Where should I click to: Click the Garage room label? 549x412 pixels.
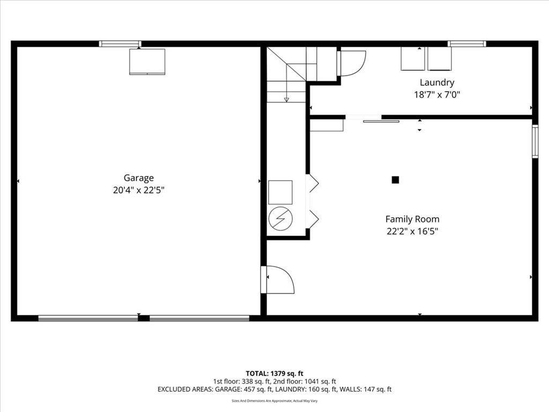[x=139, y=178]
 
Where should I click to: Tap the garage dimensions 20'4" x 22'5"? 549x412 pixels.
[x=138, y=190]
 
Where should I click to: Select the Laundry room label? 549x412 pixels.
[x=437, y=83]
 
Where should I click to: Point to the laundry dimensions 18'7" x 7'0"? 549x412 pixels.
[x=437, y=95]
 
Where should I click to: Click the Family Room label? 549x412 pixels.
[x=412, y=219]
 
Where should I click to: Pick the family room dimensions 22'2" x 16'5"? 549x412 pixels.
[x=412, y=232]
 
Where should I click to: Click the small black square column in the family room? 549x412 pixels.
[x=395, y=180]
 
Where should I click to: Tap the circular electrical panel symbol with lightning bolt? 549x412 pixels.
[x=280, y=219]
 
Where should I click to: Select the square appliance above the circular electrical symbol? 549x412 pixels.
[x=280, y=192]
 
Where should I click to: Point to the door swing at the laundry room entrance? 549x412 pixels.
[x=353, y=62]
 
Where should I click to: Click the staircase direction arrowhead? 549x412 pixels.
[x=286, y=99]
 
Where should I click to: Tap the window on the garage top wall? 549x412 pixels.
[x=120, y=44]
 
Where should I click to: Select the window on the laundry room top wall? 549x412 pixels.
[x=466, y=44]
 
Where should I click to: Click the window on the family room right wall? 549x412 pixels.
[x=535, y=141]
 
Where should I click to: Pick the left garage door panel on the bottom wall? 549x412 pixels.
[x=88, y=318]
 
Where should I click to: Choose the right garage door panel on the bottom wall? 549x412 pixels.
[x=199, y=318]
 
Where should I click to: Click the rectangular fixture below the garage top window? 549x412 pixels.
[x=147, y=62]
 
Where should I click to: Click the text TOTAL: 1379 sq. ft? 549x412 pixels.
[x=274, y=373]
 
